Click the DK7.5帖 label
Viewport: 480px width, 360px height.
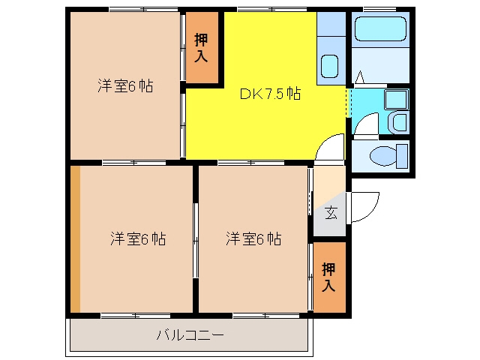pos(270,94)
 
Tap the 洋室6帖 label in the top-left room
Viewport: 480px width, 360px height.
pos(125,85)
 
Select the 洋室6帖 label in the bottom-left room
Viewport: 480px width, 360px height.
pos(138,238)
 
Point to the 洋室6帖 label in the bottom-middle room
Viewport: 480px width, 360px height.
pos(253,238)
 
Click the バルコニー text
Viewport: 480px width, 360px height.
pos(190,335)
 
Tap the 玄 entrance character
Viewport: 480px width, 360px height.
pos(331,213)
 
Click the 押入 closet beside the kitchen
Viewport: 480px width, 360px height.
pos(202,47)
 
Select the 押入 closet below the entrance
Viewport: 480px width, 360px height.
pos(329,277)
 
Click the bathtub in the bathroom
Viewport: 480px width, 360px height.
pos(380,28)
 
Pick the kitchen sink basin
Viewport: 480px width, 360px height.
pos(329,66)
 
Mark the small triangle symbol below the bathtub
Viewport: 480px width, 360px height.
pos(360,77)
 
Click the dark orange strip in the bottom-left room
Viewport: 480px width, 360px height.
pos(75,239)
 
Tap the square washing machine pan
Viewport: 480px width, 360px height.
pos(397,100)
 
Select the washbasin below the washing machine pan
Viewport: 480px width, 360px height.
pos(399,121)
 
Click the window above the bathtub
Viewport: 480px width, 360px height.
pos(379,10)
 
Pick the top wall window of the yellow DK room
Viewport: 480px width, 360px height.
pos(272,10)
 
